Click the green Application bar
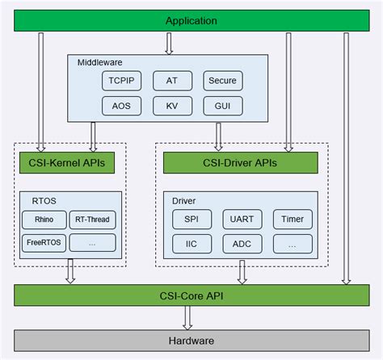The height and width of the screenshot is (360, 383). coord(191,20)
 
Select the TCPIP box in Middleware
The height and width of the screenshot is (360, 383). coord(120,81)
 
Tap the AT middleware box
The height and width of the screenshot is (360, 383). coord(171,81)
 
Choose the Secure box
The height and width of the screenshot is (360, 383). coord(222,81)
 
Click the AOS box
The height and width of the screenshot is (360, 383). coord(120,105)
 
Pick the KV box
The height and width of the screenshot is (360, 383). coord(171,105)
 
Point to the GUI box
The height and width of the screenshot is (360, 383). coord(222,105)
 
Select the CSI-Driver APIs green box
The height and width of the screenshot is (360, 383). coord(242,163)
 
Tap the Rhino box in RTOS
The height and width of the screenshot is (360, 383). coord(44,219)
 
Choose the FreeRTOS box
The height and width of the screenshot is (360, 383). coord(44,242)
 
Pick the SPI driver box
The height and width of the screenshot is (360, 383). coord(191,219)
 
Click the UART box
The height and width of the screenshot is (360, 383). coord(242,219)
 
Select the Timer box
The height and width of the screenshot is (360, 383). coord(292,219)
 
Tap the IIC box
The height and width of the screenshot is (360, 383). coord(191,243)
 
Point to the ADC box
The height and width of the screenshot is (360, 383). coord(242,243)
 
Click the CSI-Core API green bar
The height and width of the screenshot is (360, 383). coord(191,295)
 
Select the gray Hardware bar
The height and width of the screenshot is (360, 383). coord(191,341)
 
